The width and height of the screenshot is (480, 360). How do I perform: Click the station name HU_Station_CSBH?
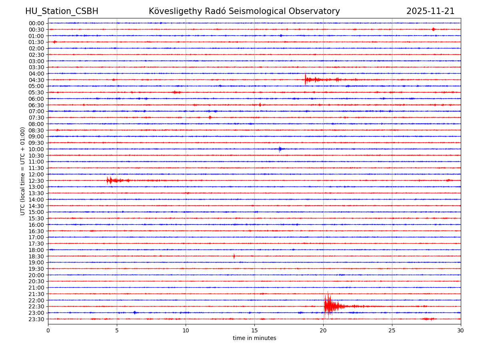(62, 11)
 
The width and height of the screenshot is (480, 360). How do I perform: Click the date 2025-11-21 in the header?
(430, 11)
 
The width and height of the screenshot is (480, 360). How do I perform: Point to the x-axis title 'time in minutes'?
(254, 338)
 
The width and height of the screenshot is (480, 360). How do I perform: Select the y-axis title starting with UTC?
(23, 171)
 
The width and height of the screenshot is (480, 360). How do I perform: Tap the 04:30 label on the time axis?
(36, 80)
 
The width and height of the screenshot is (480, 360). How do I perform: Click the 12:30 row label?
(36, 181)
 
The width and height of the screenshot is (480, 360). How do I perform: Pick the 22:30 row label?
(36, 307)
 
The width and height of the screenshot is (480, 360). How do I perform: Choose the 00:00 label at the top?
(36, 23)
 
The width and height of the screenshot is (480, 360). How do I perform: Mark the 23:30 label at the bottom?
(36, 319)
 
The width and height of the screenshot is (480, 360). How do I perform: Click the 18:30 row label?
(36, 256)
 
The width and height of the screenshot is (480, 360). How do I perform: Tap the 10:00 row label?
(36, 149)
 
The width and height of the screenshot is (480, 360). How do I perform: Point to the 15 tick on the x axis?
(254, 330)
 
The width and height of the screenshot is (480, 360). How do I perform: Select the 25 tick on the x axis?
(392, 330)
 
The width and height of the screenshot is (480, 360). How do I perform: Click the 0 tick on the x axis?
(48, 330)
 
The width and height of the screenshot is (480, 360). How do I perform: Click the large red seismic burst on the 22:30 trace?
(328, 306)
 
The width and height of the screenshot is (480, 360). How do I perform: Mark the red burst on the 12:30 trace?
(110, 180)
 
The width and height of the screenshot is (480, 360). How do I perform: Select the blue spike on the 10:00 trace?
(280, 149)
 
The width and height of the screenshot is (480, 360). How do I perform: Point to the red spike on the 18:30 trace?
(234, 256)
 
